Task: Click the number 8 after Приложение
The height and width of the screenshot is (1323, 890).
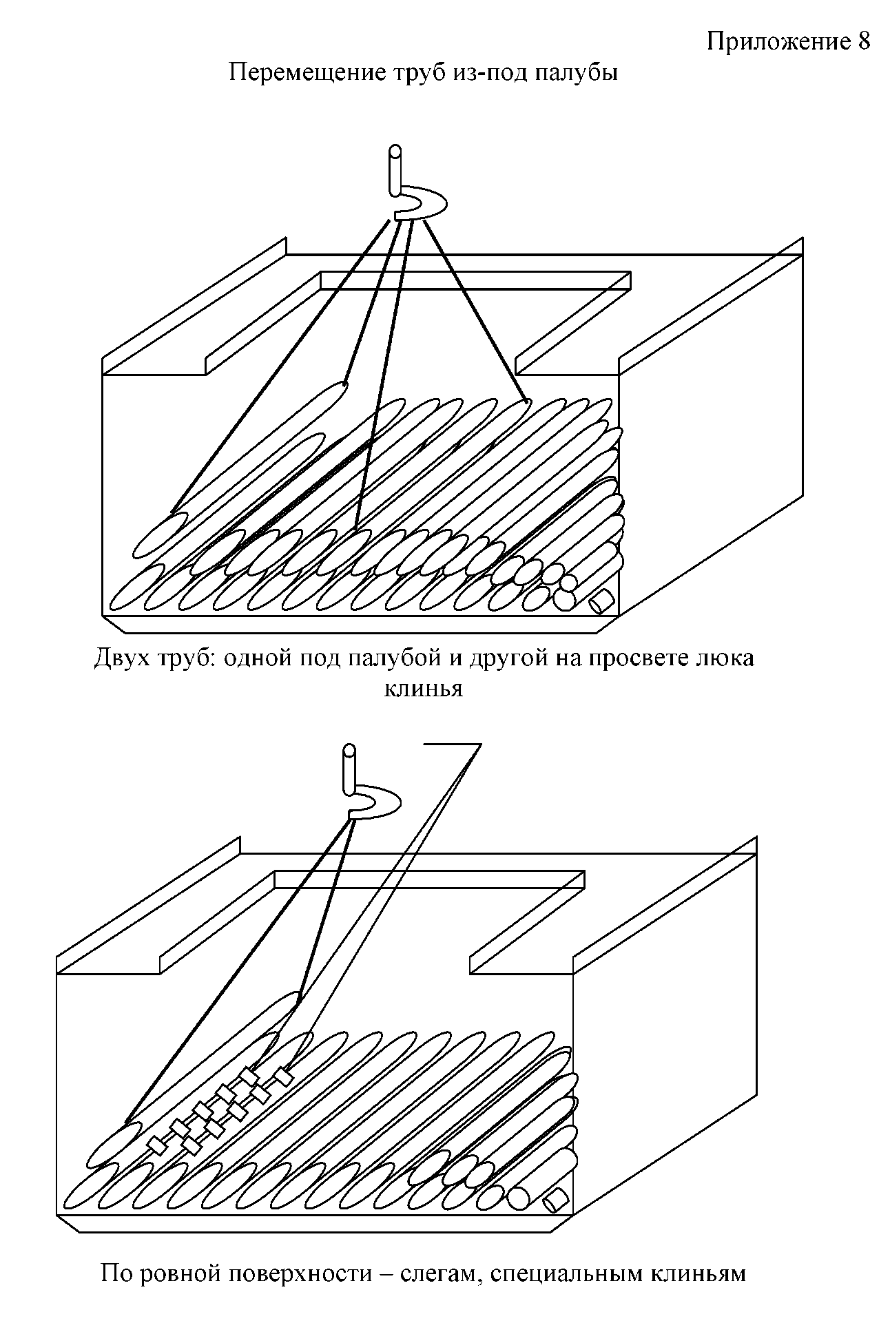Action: tap(864, 42)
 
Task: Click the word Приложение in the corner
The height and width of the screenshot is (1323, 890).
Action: tap(779, 43)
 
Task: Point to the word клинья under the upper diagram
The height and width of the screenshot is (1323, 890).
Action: tap(422, 688)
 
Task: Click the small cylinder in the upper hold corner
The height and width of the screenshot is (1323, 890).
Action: tap(601, 601)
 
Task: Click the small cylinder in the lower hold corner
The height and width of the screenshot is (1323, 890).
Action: tap(555, 1202)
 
